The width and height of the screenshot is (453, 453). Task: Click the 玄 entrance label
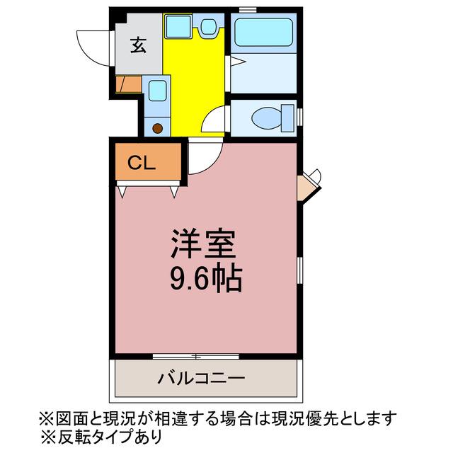[x=139, y=45]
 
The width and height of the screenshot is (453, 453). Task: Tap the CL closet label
[x=142, y=163]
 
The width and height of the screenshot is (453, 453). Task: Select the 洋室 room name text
[x=204, y=243]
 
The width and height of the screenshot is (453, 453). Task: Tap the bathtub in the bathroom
[x=263, y=32]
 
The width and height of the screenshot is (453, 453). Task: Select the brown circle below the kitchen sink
[x=157, y=129]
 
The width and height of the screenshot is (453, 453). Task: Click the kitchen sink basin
[x=157, y=91]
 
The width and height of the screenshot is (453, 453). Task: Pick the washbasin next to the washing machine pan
[x=208, y=26]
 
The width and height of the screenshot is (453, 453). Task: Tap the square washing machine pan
[x=178, y=26]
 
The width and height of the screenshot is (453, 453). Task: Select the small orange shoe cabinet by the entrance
[x=128, y=84]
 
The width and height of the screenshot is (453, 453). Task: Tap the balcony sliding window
[x=196, y=356]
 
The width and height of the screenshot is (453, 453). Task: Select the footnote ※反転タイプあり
[x=101, y=437]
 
